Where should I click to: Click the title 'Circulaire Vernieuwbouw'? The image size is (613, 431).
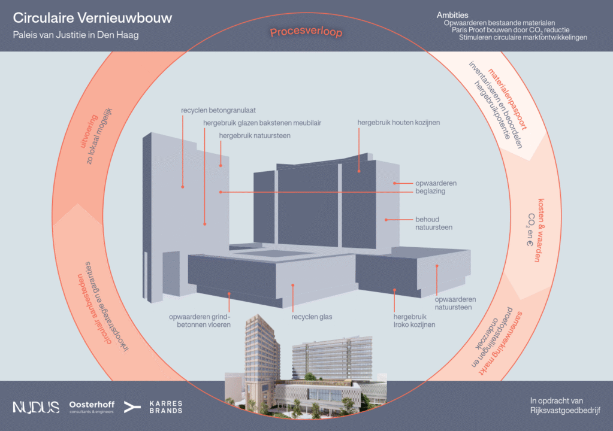tap(92, 18)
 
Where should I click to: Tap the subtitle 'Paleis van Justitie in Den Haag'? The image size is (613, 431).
tap(76, 35)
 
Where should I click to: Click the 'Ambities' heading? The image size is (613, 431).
tap(452, 14)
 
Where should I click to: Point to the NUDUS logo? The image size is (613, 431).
tap(36, 407)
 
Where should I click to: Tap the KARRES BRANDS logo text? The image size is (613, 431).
tap(165, 407)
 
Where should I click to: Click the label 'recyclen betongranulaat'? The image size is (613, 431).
tap(218, 111)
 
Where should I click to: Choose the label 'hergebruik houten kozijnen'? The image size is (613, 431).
tap(398, 123)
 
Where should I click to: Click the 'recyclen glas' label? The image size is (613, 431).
tap(312, 317)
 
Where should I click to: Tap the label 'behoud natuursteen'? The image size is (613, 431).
tap(434, 223)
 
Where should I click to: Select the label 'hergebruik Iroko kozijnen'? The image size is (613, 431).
tap(414, 321)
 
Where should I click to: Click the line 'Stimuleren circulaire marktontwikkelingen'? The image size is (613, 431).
tap(523, 37)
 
